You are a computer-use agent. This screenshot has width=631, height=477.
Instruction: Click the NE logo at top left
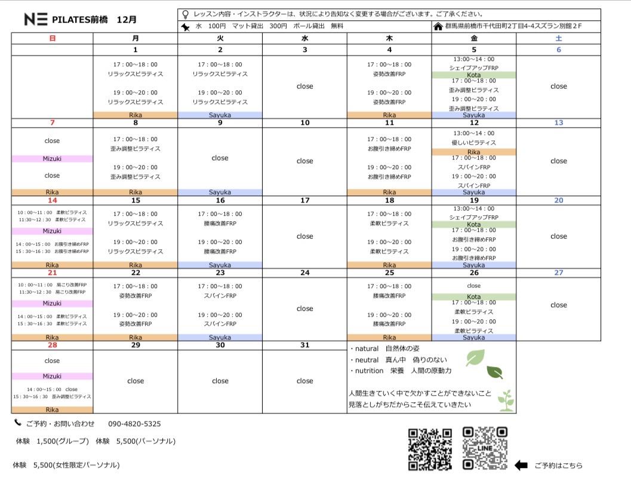tap(36, 19)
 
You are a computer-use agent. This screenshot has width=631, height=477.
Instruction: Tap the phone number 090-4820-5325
tap(134, 424)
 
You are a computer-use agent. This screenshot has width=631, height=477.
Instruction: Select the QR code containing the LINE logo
tap(485, 448)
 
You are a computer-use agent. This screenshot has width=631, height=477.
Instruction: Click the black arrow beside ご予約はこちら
tap(521, 465)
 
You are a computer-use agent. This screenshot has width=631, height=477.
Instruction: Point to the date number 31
tap(304, 345)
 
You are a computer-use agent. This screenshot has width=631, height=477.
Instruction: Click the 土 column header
tap(558, 38)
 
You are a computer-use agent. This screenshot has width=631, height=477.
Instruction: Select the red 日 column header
tap(52, 38)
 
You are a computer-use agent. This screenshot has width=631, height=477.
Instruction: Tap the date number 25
tap(389, 273)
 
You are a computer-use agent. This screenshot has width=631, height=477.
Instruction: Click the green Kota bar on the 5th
tap(473, 75)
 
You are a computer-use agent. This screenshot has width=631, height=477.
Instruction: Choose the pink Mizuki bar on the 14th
tap(52, 231)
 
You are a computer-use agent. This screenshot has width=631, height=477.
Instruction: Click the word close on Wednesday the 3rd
tap(304, 86)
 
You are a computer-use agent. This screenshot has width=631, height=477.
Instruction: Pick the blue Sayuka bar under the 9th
tap(220, 192)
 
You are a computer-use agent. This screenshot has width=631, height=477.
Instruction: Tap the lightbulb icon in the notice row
tap(185, 13)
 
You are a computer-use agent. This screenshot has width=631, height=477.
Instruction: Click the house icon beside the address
tap(439, 26)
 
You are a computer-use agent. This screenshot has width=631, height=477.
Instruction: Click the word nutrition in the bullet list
tap(368, 371)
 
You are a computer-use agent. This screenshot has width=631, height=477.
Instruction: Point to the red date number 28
tap(52, 345)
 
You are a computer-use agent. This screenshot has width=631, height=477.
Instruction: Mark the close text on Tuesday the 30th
tap(220, 381)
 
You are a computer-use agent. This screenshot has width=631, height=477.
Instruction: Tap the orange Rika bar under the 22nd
tap(136, 338)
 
